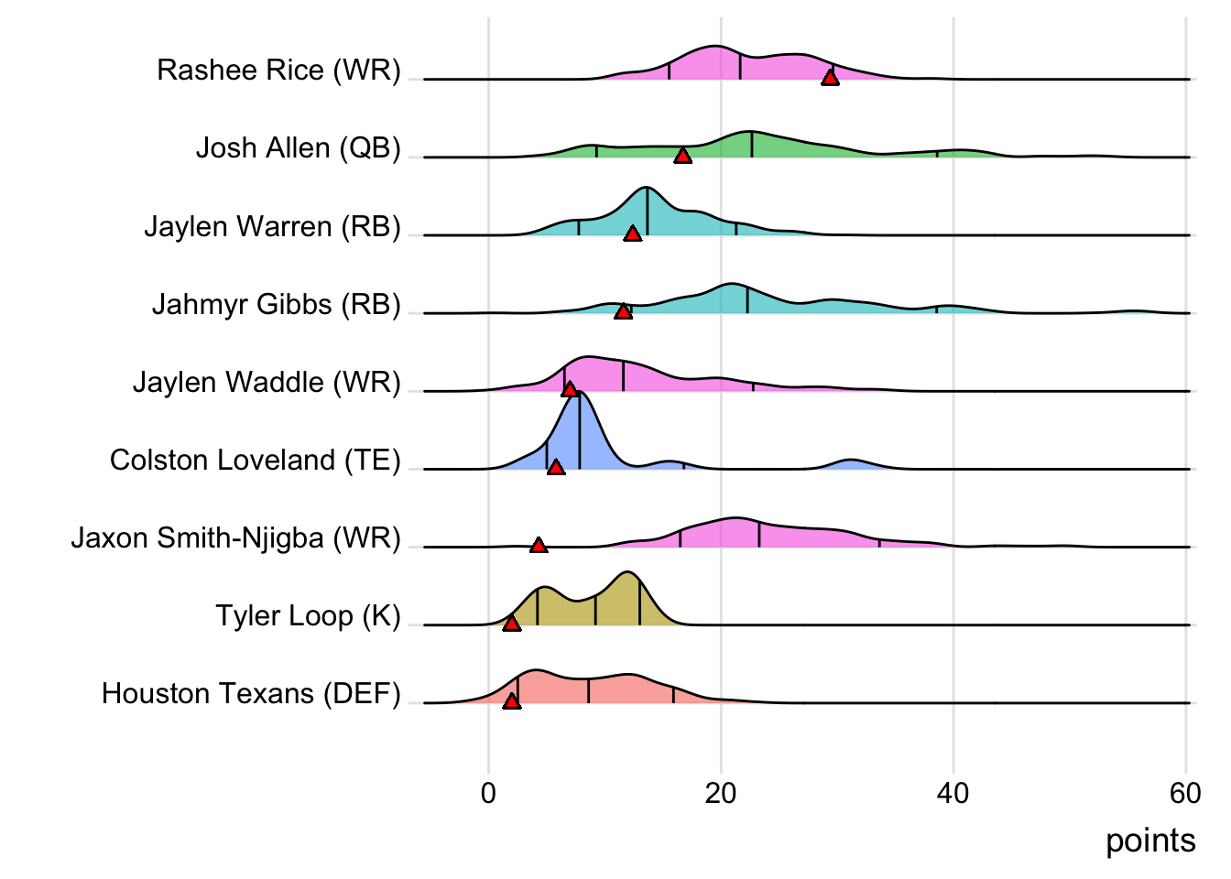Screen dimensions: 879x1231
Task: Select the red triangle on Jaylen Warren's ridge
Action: tap(632, 234)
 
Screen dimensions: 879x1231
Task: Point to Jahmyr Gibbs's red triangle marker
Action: tap(623, 312)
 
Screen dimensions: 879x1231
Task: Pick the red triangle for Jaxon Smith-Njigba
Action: tap(539, 546)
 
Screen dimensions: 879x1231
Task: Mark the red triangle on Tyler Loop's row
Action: tap(511, 624)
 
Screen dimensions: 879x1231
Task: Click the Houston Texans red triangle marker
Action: tap(511, 701)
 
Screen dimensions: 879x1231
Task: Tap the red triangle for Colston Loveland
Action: tap(555, 468)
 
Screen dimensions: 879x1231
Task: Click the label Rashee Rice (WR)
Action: tap(278, 71)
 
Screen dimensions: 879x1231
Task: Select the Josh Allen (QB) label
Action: tap(298, 148)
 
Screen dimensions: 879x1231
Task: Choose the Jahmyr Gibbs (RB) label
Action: tap(276, 304)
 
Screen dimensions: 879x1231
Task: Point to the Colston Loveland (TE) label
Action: tap(255, 460)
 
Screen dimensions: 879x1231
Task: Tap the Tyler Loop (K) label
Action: tap(308, 615)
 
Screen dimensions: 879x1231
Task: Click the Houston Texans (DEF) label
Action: tap(251, 694)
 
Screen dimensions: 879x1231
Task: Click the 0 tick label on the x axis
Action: tap(488, 793)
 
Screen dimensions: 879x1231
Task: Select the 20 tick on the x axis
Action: tap(721, 793)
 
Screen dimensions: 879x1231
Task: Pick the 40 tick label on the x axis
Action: tap(953, 793)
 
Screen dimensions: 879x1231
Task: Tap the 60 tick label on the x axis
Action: tap(1185, 793)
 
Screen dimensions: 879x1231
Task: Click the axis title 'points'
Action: tap(1150, 841)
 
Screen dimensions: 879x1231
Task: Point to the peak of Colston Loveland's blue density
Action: tap(580, 393)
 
